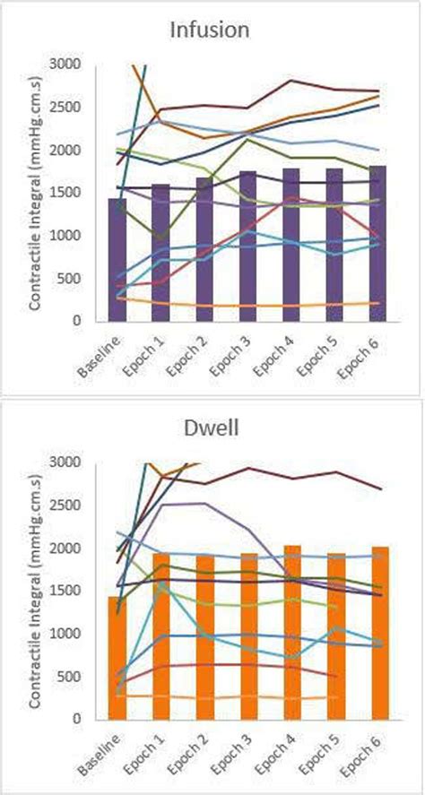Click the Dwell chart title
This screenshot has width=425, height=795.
(212, 429)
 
